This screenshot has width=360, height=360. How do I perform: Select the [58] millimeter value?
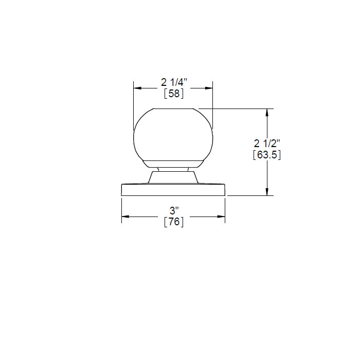tap(174, 94)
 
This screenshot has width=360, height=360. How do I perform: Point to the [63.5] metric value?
tap(267, 155)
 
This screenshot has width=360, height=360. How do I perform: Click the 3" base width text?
tap(174, 211)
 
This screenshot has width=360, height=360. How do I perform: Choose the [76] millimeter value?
tap(174, 222)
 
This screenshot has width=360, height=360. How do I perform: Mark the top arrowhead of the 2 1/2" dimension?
tap(267, 112)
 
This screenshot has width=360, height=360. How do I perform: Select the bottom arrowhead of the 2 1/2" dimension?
tap(267, 192)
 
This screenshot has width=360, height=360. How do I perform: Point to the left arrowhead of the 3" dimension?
tap(125, 217)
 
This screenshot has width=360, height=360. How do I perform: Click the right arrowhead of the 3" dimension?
tap(222, 217)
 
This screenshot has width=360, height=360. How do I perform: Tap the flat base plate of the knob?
tap(173, 189)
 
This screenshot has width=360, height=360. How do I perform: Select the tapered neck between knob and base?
tap(173, 177)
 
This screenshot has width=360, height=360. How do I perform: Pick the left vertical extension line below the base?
tap(121, 211)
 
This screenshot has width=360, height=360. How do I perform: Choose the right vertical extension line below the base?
tap(225, 211)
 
